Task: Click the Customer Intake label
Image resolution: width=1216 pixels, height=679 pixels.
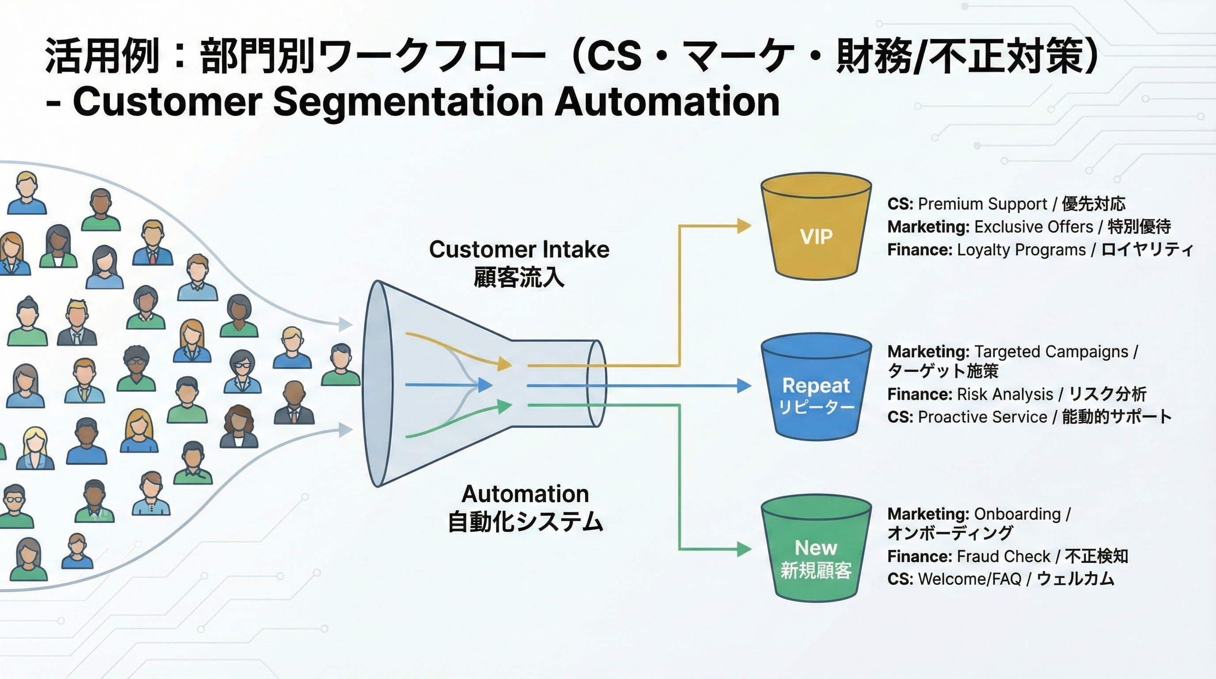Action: [519, 249]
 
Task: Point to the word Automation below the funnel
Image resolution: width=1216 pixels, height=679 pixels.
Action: [525, 494]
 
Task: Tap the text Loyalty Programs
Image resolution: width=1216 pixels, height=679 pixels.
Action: [1021, 250]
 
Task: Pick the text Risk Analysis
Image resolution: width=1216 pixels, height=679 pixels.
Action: [1004, 394]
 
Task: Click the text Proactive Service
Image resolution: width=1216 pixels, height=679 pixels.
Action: [982, 417]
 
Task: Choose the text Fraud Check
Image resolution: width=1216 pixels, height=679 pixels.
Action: [1003, 557]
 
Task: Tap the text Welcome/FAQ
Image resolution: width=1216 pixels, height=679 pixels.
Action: [969, 579]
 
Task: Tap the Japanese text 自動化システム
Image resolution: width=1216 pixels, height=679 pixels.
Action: [525, 522]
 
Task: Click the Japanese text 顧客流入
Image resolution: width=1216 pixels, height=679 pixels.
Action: [519, 278]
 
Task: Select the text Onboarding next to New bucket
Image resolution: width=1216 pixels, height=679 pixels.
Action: [1017, 514]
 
